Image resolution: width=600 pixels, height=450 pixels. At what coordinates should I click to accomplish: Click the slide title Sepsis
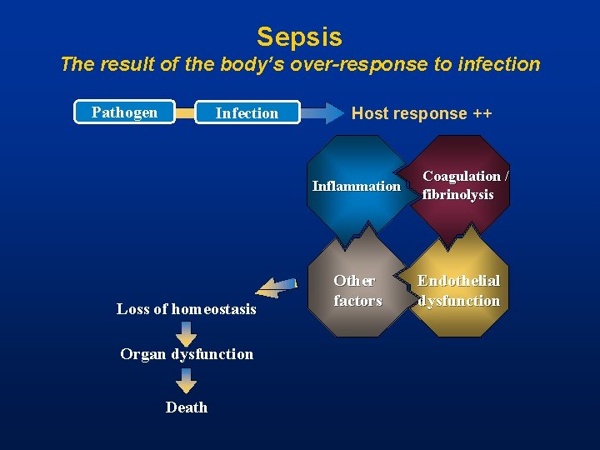(299, 37)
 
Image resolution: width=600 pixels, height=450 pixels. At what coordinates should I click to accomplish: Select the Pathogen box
(125, 112)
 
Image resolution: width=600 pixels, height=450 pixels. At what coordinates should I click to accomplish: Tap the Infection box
(247, 112)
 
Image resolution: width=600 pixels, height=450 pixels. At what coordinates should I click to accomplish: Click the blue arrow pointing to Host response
(322, 112)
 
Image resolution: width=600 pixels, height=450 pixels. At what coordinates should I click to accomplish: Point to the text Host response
(409, 113)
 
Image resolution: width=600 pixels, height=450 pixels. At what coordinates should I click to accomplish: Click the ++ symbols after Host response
(482, 113)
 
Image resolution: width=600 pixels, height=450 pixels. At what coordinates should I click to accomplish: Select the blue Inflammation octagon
(357, 186)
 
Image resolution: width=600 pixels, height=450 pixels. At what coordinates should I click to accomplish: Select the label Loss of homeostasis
(187, 309)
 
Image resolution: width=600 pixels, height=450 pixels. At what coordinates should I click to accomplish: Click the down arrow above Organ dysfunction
(187, 332)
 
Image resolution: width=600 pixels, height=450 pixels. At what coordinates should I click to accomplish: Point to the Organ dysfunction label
(187, 354)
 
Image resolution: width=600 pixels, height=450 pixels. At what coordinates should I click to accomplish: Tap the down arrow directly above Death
(187, 379)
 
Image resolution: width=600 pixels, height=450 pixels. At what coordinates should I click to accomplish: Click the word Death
(187, 407)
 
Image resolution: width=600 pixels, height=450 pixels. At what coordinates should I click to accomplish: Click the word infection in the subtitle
(497, 64)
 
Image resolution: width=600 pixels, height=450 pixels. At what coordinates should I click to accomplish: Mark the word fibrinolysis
(457, 195)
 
